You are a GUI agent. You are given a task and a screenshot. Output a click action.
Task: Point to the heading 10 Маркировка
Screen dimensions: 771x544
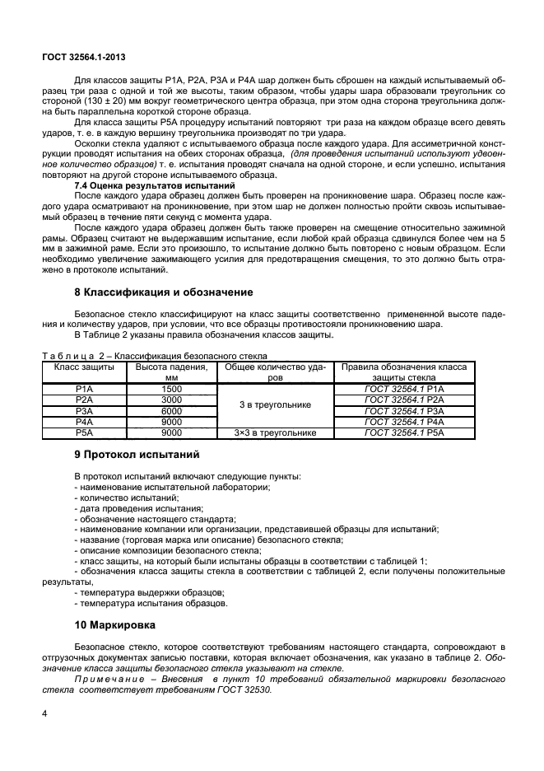pos(115,624)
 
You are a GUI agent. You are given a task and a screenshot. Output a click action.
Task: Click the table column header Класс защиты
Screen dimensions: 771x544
pos(84,366)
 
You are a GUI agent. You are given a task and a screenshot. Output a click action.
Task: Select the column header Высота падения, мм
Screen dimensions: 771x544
pos(171,371)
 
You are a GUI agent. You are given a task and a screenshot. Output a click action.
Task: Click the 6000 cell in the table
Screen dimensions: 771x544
pos(171,409)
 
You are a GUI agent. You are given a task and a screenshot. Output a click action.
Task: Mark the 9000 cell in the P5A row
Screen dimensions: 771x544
pos(171,432)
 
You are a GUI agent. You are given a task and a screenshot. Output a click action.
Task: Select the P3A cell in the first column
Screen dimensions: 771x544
pos(84,409)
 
